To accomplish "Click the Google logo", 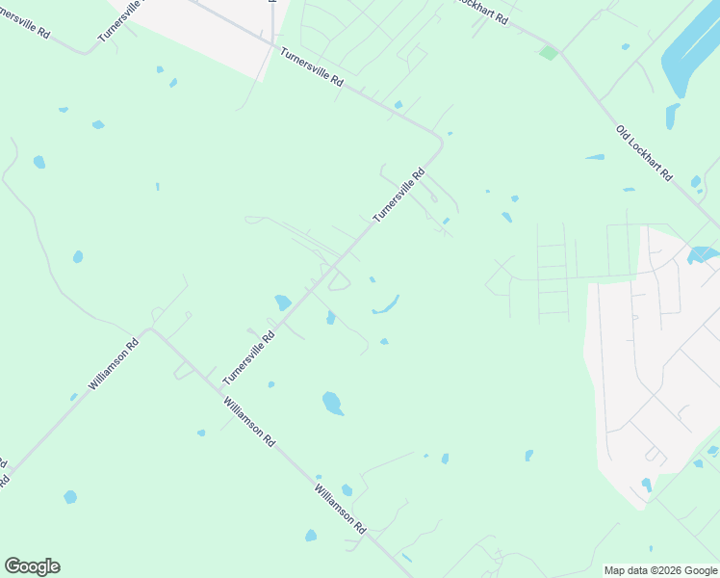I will click(32, 566).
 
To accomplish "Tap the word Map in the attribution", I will click(617, 571).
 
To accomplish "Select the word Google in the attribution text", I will click(700, 571).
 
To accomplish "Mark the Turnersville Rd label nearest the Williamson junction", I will click(248, 357).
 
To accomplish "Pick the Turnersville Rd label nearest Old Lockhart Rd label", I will click(399, 196).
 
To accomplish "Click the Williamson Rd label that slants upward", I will click(114, 364).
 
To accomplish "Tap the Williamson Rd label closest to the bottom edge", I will click(340, 510).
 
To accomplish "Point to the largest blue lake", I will click(689, 58).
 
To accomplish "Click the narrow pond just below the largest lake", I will click(672, 117).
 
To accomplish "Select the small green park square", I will click(548, 53).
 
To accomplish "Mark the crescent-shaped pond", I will click(386, 306).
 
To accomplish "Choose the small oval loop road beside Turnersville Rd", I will click(340, 281).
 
